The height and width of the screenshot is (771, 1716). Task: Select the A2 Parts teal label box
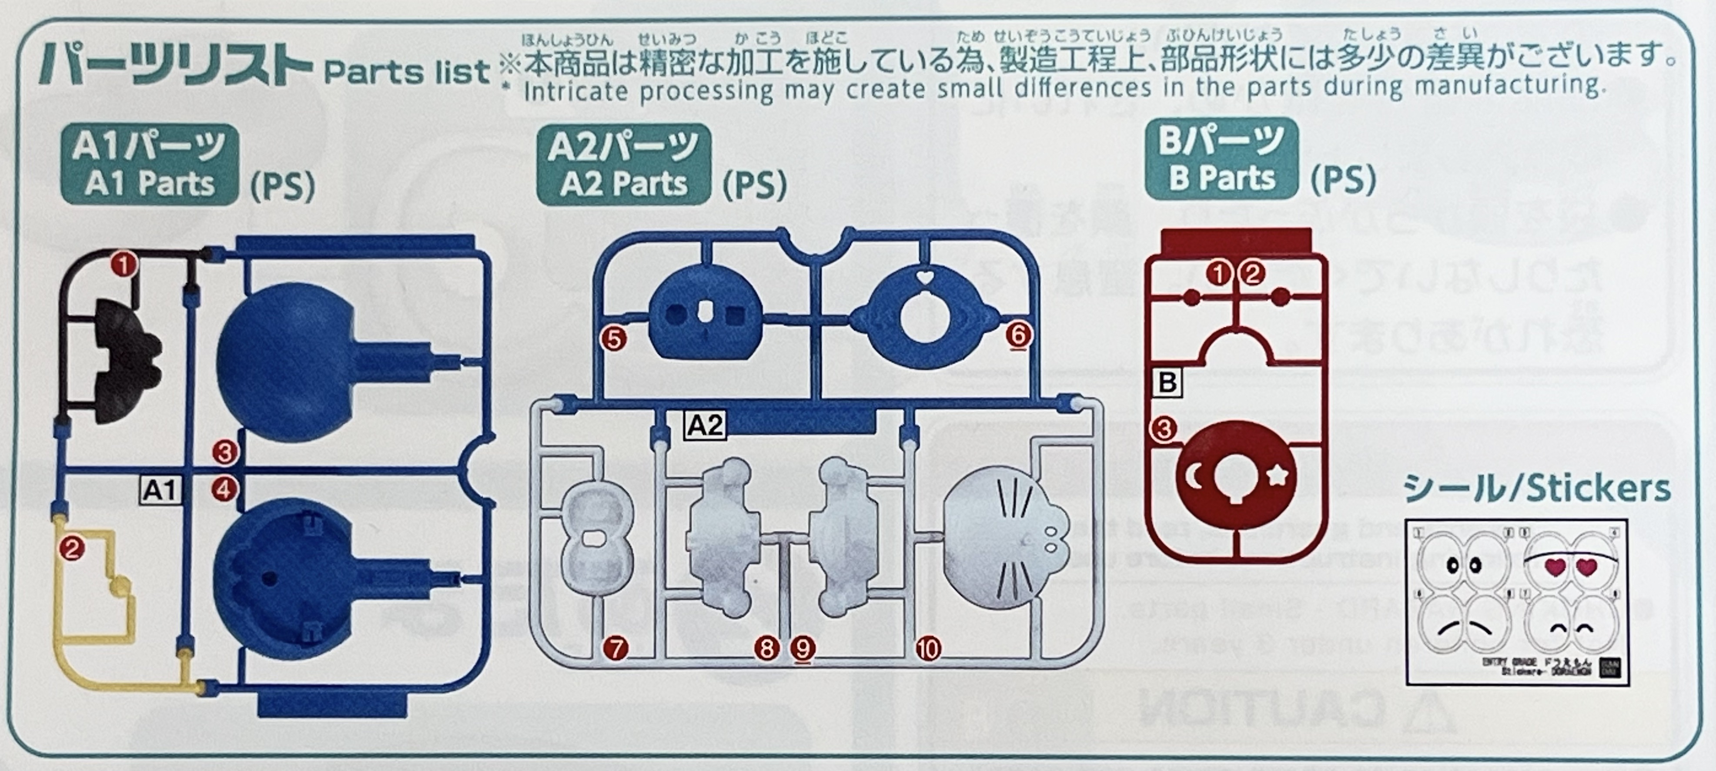[x=623, y=164]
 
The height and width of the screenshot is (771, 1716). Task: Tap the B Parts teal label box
[x=1221, y=159]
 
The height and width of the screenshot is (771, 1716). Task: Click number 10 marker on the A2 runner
[x=928, y=648]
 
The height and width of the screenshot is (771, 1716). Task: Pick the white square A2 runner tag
[x=705, y=425]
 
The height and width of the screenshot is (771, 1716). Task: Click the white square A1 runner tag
[x=160, y=490]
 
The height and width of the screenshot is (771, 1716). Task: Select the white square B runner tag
[x=1167, y=382]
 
